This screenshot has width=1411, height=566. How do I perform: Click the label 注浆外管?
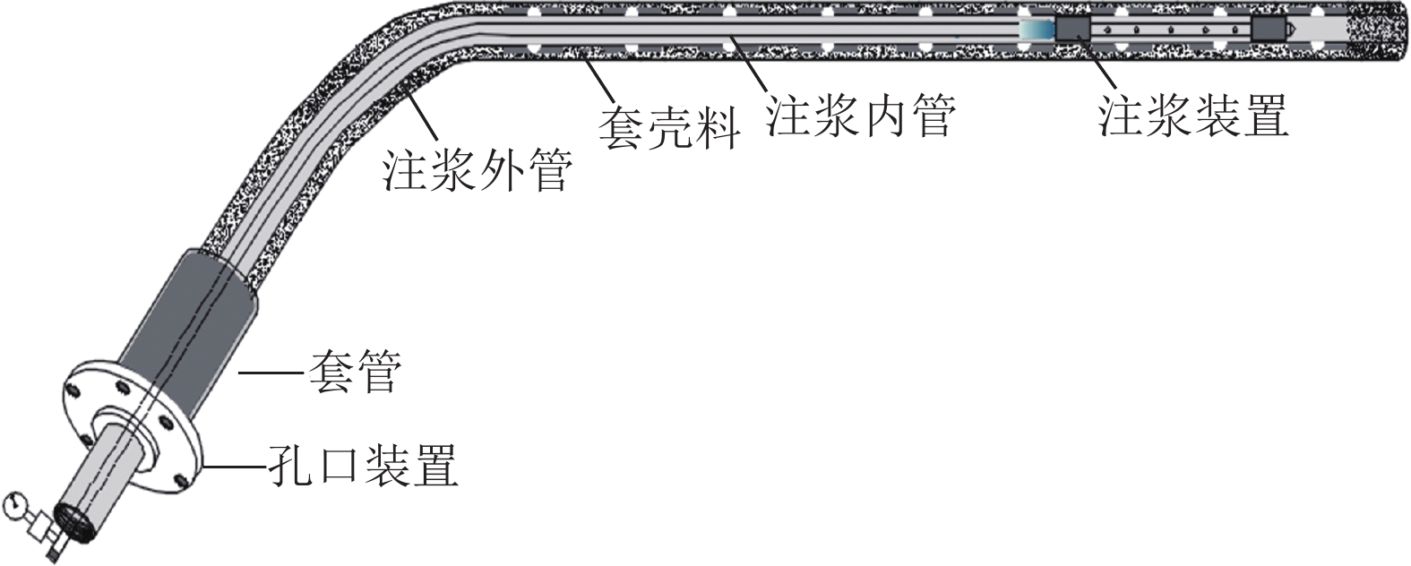477,170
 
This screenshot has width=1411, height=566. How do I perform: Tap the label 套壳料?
669,129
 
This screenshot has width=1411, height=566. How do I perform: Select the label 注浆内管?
861,116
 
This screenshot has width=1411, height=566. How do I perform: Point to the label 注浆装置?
1193,116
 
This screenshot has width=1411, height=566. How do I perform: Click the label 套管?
356,373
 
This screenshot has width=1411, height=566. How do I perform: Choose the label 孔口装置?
364,466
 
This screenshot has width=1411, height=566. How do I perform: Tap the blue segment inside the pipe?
1037,30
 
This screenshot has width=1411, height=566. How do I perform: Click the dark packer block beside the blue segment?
1072,29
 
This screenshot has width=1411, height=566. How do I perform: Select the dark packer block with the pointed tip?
1268,29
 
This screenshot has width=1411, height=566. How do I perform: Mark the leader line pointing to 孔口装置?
234,467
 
